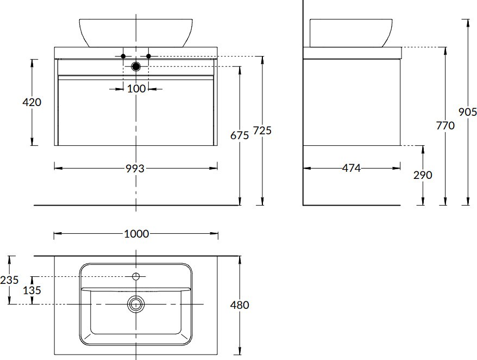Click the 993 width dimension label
(135, 169)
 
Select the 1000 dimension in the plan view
(136, 234)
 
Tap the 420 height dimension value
(32, 102)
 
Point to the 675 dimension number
(240, 135)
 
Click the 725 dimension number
(262, 131)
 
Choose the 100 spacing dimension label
(136, 89)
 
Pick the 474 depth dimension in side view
(352, 168)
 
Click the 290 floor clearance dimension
(423, 175)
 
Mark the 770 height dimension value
(445, 126)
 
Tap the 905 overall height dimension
(468, 112)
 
